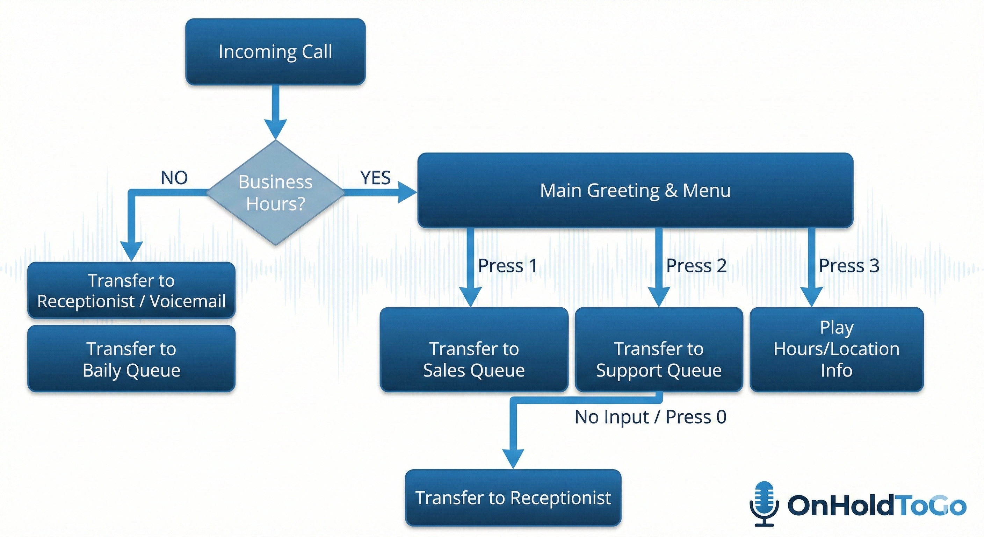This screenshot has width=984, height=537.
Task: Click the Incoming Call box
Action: [275, 52]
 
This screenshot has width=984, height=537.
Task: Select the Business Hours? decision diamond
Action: [275, 192]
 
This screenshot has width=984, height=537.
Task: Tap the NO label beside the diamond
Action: [174, 178]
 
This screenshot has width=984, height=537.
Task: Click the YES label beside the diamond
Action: [375, 178]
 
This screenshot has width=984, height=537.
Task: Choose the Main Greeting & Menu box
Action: [635, 190]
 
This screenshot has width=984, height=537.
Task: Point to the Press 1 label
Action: [507, 266]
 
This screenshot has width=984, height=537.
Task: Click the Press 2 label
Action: [696, 266]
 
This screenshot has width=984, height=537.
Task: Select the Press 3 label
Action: [849, 266]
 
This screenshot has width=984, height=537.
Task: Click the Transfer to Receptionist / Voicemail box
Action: [131, 291]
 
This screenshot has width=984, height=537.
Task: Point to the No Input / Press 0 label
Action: [650, 417]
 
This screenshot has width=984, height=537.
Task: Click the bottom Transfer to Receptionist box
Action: [513, 497]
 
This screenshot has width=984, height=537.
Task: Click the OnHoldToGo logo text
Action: [876, 505]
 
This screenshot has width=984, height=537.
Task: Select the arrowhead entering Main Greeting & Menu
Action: [406, 192]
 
